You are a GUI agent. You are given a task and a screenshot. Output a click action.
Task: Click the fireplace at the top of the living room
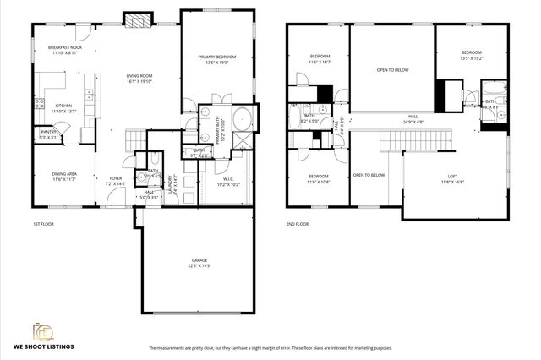(135, 19)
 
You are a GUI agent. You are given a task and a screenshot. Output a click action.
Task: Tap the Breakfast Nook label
(65, 50)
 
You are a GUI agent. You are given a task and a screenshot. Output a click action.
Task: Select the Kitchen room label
(64, 108)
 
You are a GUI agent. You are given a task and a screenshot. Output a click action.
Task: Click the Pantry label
(48, 134)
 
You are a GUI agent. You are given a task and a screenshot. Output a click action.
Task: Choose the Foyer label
(115, 180)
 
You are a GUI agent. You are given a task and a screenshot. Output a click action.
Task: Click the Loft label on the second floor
(453, 178)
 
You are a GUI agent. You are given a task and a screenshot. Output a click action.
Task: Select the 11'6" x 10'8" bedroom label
(319, 178)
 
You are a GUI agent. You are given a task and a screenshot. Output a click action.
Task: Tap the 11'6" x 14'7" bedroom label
(319, 59)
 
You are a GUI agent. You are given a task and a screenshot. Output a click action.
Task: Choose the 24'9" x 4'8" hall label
(413, 119)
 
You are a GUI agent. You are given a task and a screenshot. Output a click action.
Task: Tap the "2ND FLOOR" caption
(297, 225)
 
